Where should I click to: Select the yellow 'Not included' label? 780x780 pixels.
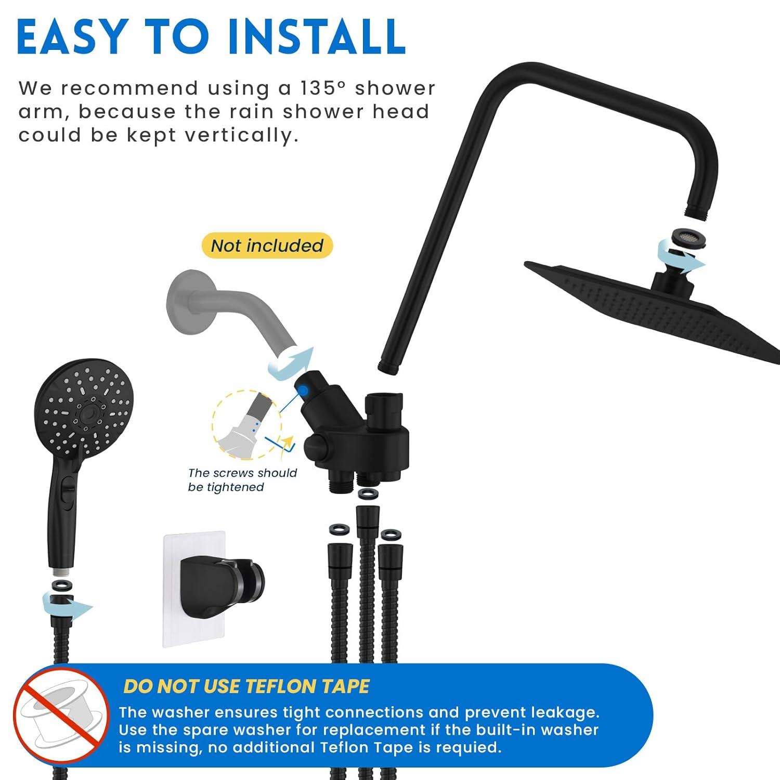click(267, 245)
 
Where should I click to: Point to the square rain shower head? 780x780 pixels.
click(655, 307)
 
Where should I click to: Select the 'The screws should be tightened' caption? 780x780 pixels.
click(242, 479)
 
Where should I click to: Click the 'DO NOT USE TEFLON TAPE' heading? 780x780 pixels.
click(246, 686)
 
